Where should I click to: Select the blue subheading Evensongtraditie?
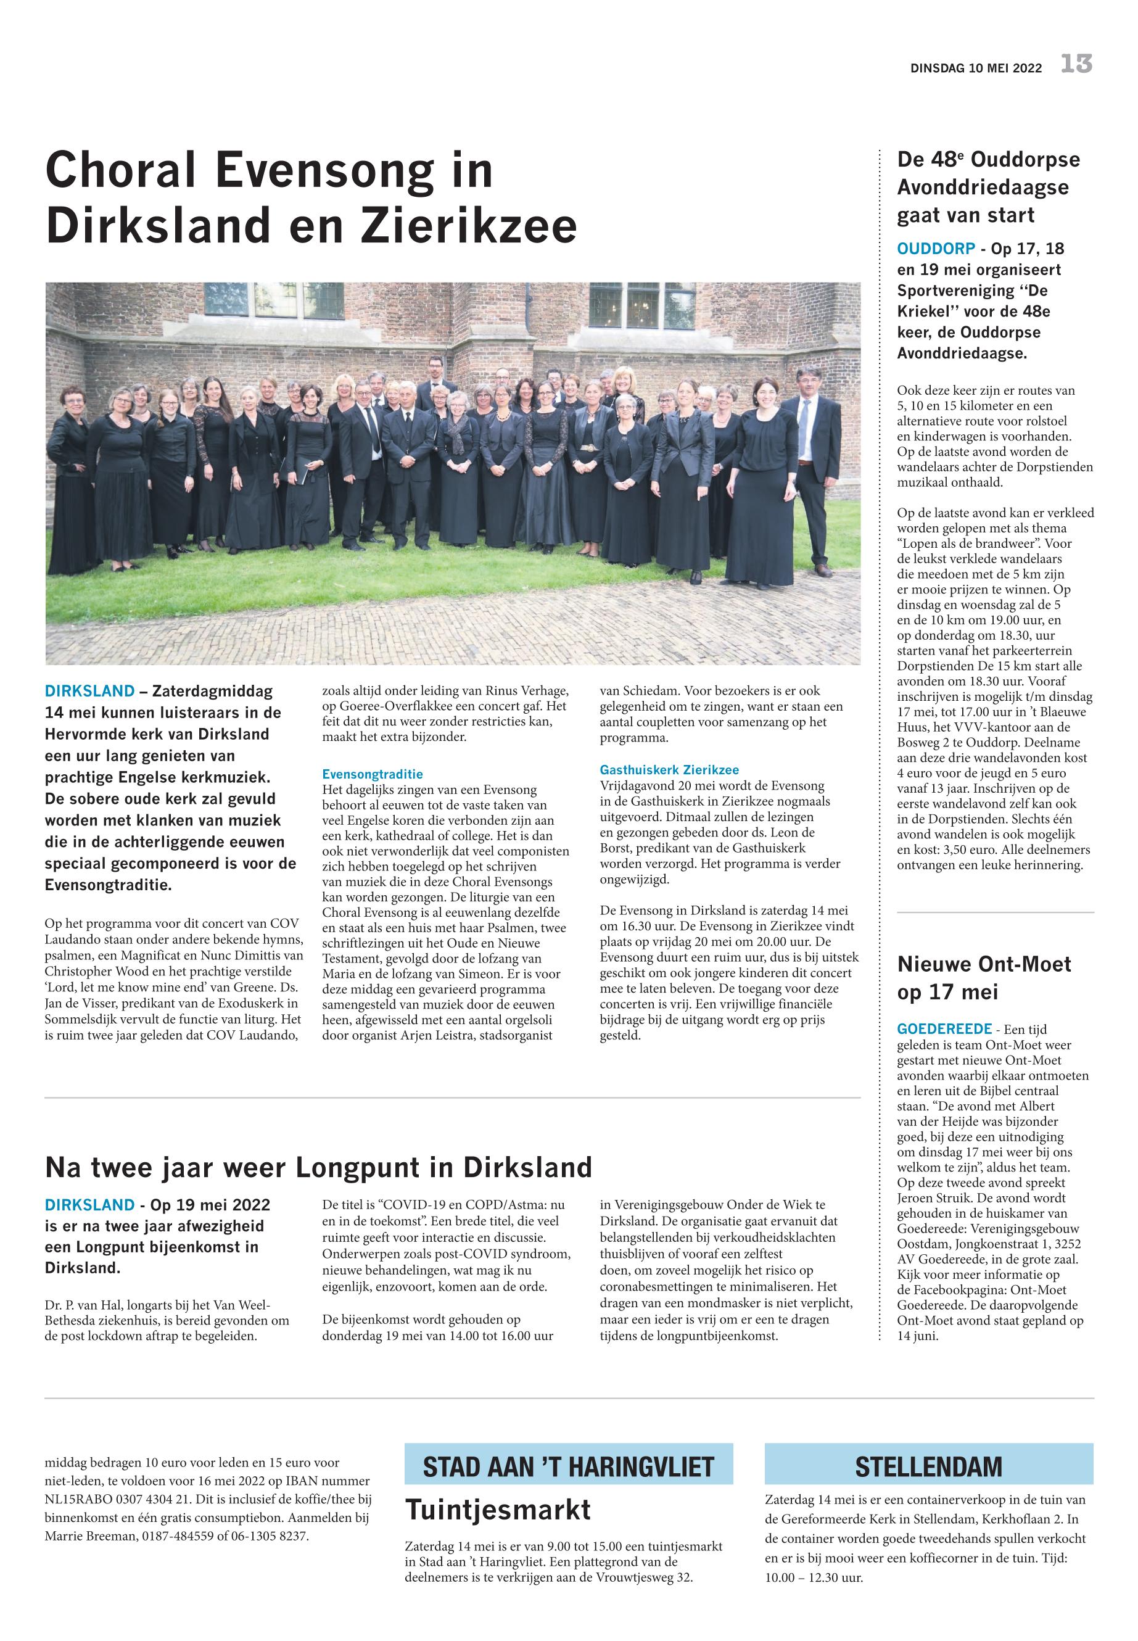click(x=372, y=774)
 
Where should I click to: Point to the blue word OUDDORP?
click(x=936, y=249)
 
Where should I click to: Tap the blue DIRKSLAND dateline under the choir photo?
click(x=89, y=691)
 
